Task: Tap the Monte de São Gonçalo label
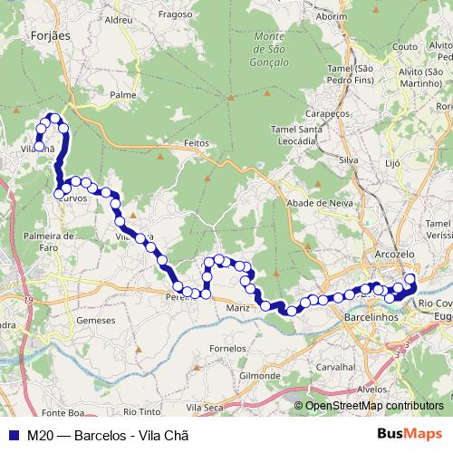click(x=269, y=49)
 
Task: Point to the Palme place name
click(x=122, y=93)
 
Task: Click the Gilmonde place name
click(x=260, y=375)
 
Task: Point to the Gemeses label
click(x=97, y=320)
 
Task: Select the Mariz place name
click(x=238, y=308)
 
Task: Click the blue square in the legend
click(x=10, y=434)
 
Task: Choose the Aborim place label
click(x=331, y=16)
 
